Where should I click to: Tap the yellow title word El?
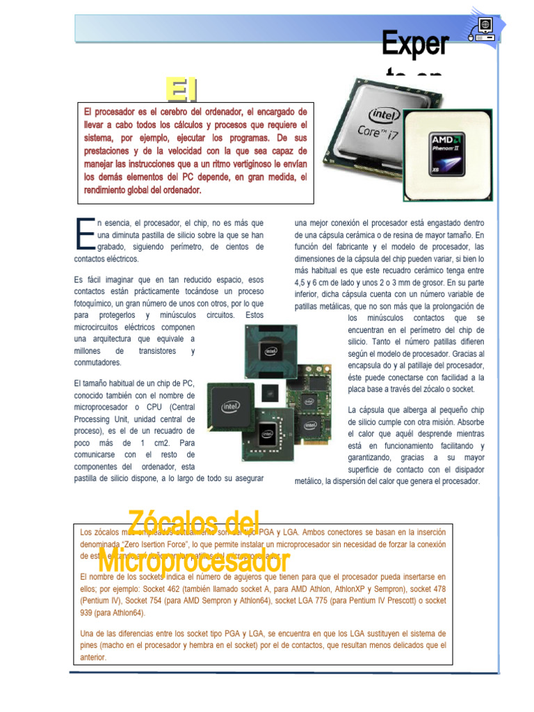click(181, 90)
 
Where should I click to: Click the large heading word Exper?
click(415, 44)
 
